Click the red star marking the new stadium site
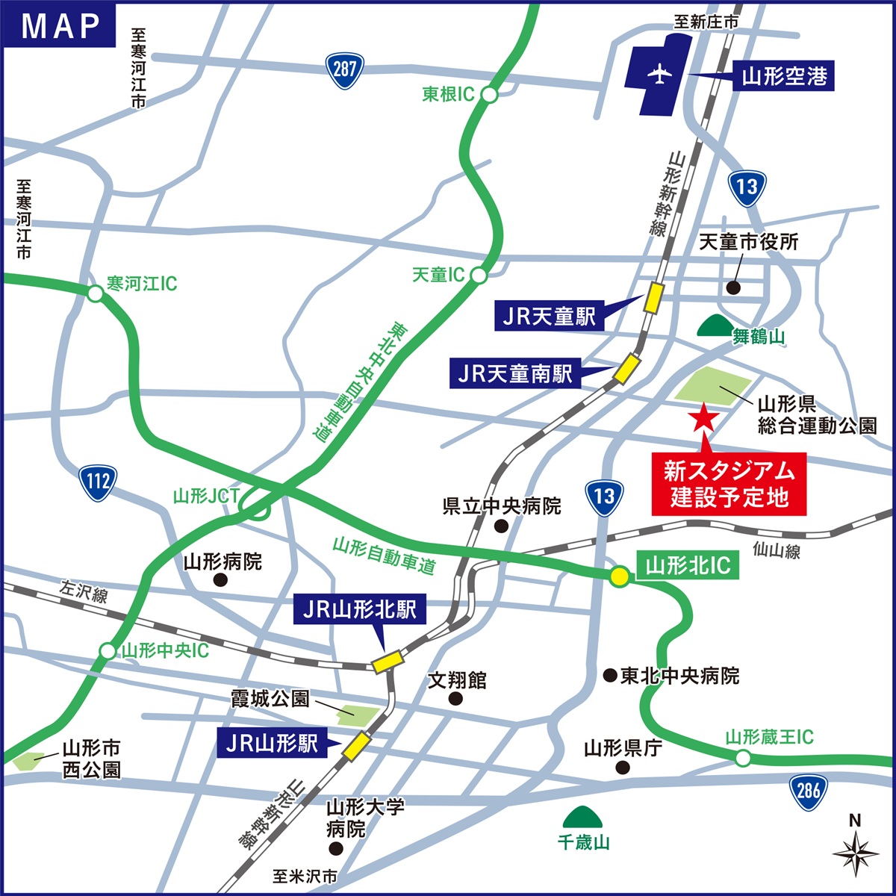tap(702, 418)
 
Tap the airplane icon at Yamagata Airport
tap(658, 75)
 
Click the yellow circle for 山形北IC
tap(619, 576)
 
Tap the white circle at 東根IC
tap(489, 95)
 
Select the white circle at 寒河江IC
tap(95, 293)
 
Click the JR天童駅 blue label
tap(549, 317)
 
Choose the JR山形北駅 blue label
tap(359, 610)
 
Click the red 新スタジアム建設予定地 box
tap(729, 483)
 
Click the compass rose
tap(856, 853)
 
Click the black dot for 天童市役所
tap(733, 287)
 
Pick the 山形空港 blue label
tap(783, 75)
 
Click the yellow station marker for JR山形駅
tap(356, 746)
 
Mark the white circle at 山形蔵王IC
tap(743, 759)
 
